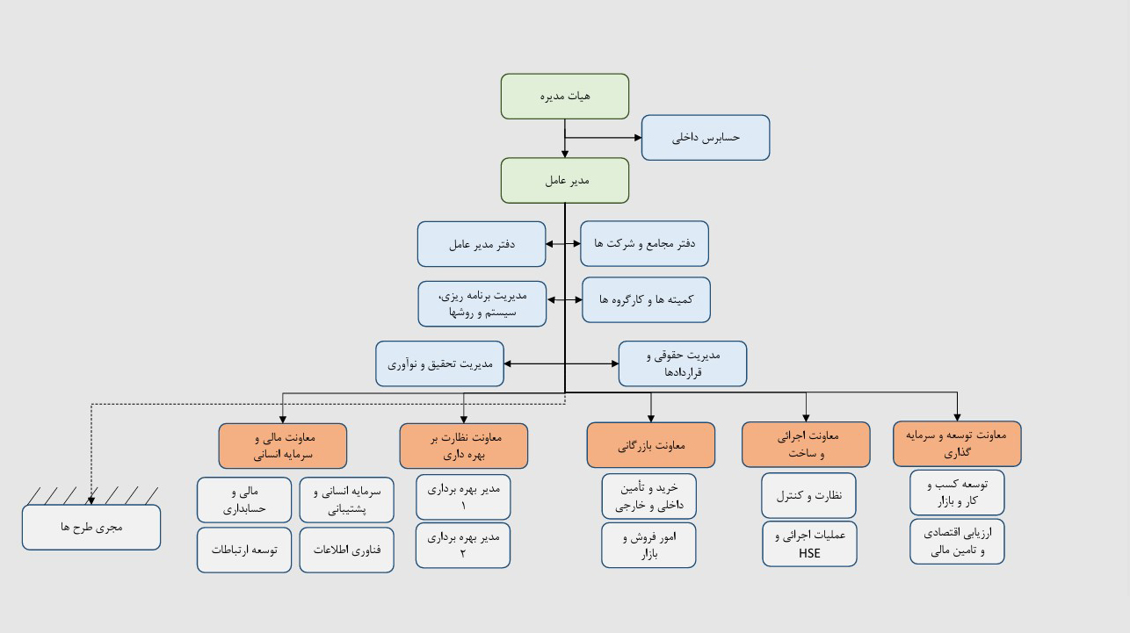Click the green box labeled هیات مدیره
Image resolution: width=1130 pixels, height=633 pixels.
(x=564, y=97)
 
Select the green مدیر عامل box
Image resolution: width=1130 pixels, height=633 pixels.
(x=564, y=181)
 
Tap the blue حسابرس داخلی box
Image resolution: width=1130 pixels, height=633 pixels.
(x=706, y=138)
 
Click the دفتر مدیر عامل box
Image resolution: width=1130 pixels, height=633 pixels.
(x=482, y=244)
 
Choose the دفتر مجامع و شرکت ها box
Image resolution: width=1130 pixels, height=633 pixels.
(x=644, y=243)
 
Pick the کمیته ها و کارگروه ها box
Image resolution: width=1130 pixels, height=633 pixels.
(x=646, y=300)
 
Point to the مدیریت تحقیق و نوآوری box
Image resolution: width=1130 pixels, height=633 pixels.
(x=439, y=363)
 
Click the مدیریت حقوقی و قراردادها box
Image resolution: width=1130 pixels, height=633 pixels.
(x=683, y=363)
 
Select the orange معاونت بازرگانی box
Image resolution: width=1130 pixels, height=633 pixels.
(x=651, y=445)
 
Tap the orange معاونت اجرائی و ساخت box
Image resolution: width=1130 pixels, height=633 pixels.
(x=806, y=444)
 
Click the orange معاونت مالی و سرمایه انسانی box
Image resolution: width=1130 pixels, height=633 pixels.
(x=283, y=446)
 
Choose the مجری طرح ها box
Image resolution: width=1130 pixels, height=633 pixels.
(x=91, y=527)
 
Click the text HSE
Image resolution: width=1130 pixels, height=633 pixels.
(x=809, y=553)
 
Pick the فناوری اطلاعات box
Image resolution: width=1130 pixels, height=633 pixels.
(x=346, y=550)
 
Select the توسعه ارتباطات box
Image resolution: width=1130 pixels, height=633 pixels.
(x=244, y=550)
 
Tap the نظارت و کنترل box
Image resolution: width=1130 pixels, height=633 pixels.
(x=808, y=495)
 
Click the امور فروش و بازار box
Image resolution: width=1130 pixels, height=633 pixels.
(x=648, y=545)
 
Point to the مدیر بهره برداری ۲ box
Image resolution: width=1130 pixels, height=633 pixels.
(x=463, y=545)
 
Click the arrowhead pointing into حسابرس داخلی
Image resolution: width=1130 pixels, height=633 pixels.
(x=638, y=138)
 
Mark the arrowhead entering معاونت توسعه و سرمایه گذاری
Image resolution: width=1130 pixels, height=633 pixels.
(x=957, y=418)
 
